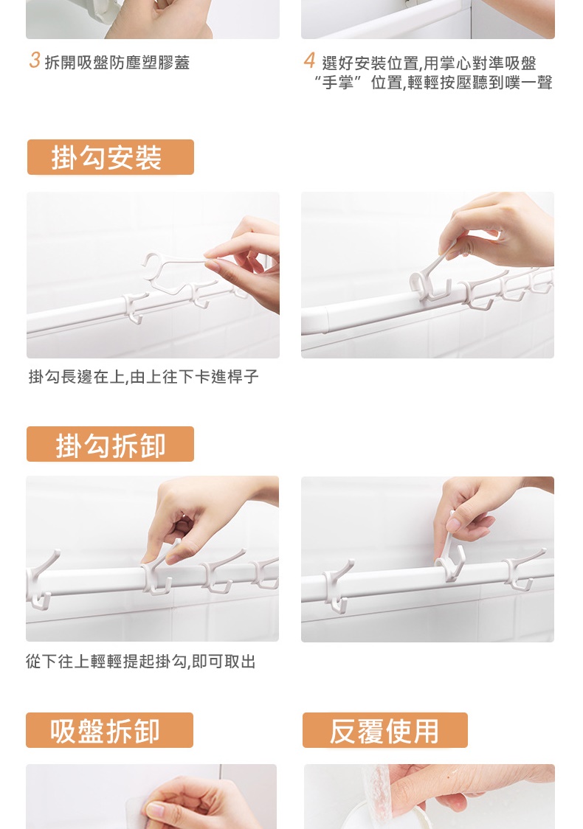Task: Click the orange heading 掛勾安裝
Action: [x=106, y=158]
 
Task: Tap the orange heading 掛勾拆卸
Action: [x=111, y=445]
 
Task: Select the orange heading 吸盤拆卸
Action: [x=105, y=731]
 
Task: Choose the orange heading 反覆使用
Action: [x=384, y=731]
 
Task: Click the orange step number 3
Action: [x=35, y=60]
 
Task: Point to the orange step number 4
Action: [x=309, y=60]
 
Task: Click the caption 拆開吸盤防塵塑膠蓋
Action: [x=117, y=63]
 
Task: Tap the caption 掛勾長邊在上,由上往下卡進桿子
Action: [x=143, y=376]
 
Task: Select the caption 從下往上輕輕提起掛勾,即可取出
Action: [x=141, y=661]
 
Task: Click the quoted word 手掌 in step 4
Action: [x=337, y=83]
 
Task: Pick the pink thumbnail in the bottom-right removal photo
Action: [x=453, y=524]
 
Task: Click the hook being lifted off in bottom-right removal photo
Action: [x=451, y=552]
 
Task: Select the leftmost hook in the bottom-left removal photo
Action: [x=40, y=580]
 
